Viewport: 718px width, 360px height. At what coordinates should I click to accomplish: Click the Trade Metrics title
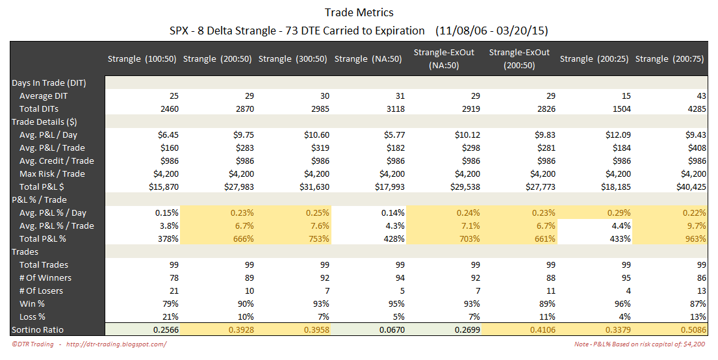click(359, 12)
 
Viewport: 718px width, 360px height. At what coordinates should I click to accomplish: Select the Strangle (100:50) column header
click(143, 59)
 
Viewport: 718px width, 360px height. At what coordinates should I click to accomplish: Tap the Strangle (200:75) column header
click(671, 59)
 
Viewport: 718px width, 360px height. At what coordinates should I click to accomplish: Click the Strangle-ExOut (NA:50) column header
click(444, 59)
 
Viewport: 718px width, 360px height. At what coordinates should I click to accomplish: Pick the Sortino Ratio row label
click(38, 329)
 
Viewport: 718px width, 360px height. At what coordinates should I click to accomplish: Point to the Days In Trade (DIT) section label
click(49, 83)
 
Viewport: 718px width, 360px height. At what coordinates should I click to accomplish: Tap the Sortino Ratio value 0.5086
click(691, 329)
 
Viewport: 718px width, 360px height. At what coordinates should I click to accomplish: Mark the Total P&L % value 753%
click(317, 238)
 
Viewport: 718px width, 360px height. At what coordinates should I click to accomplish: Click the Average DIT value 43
click(700, 96)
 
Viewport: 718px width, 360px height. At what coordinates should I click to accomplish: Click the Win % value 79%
click(169, 303)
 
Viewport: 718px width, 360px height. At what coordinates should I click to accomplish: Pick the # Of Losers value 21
click(173, 290)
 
